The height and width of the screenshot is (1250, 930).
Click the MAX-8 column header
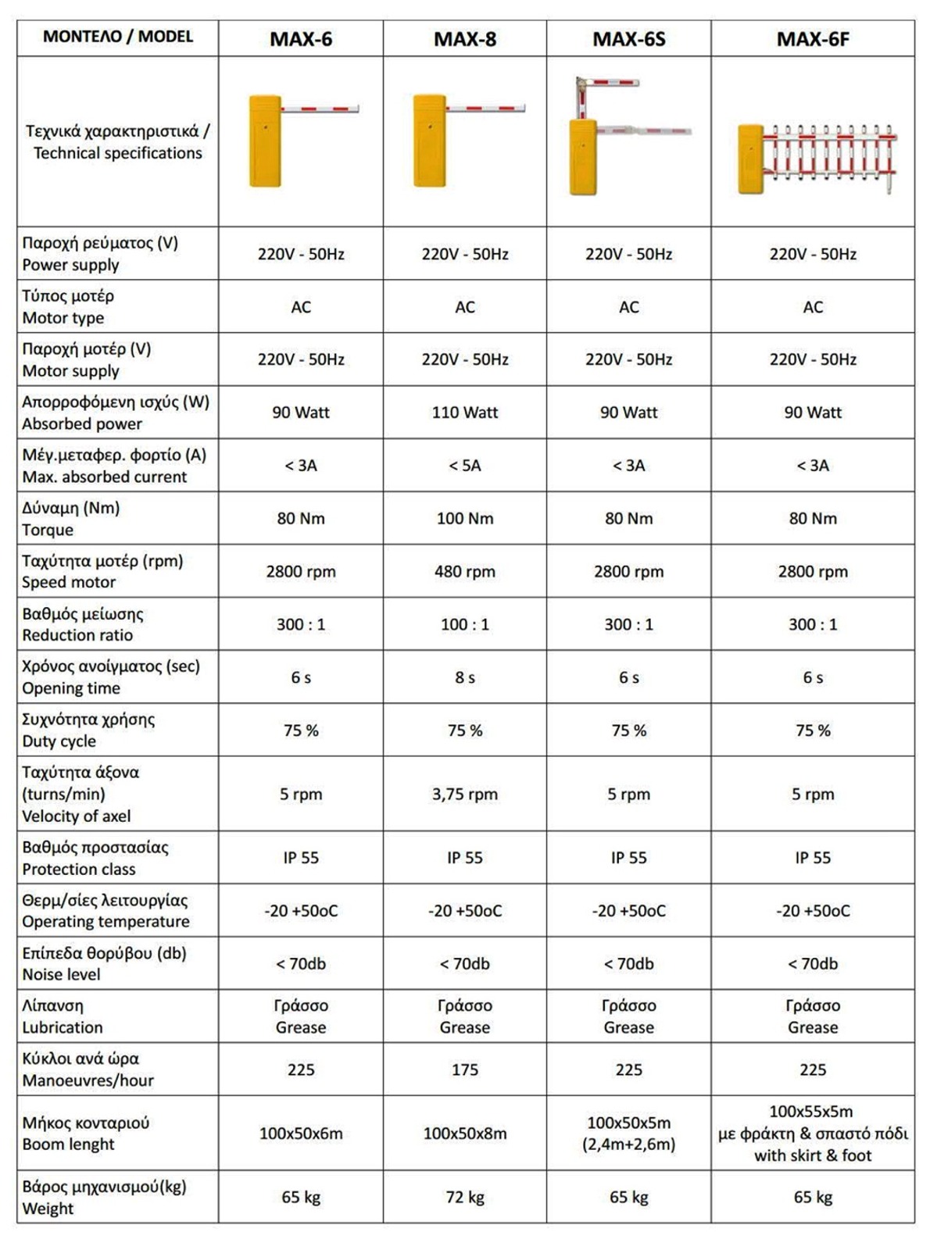click(464, 38)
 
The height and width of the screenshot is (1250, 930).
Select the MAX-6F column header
click(812, 38)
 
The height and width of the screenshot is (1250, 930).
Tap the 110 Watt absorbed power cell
click(464, 412)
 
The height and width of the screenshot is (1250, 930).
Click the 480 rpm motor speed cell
click(464, 571)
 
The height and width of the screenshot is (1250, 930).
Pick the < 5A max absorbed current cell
click(464, 466)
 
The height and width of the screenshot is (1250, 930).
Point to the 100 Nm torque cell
click(464, 518)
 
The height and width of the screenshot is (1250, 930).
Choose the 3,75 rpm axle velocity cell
click(464, 794)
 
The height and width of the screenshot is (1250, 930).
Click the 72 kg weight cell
click(464, 1197)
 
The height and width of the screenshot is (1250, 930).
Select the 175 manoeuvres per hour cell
click(464, 1070)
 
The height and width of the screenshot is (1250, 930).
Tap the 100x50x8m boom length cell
click(464, 1133)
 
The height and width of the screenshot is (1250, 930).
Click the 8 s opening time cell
click(464, 677)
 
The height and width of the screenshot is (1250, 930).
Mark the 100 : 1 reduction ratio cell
click(464, 624)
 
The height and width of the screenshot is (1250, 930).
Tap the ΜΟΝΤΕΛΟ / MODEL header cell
click(117, 37)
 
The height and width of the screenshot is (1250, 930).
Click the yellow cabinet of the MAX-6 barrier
click(265, 141)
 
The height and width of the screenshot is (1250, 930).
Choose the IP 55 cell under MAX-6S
click(628, 858)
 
